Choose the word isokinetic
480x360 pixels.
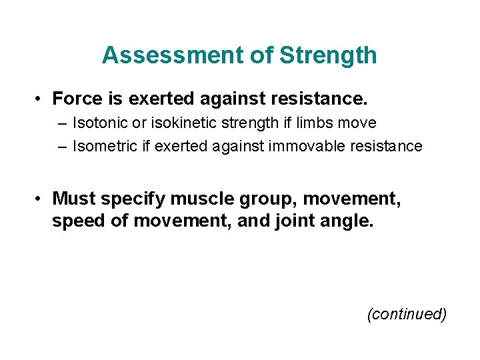(x=181, y=123)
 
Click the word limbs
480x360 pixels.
(x=317, y=123)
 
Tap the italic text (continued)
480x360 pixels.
(x=406, y=314)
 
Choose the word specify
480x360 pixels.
(x=133, y=199)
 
